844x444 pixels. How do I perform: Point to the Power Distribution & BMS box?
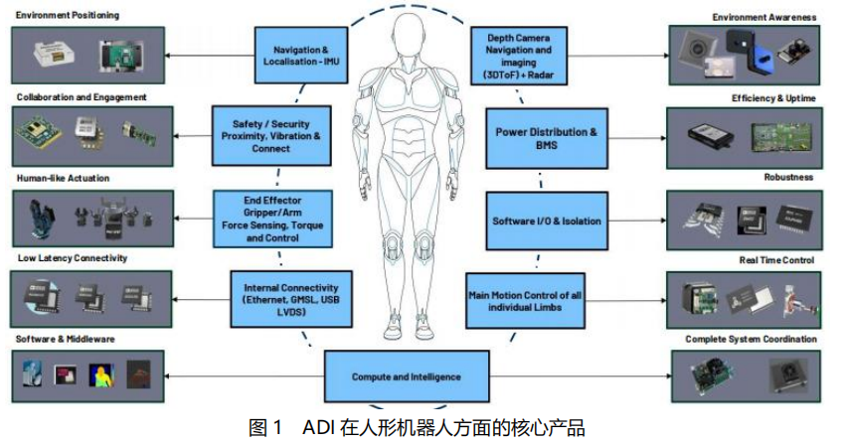[x=546, y=138]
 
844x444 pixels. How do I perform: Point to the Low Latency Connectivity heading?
[x=72, y=258]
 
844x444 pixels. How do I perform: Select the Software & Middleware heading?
[x=66, y=339]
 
